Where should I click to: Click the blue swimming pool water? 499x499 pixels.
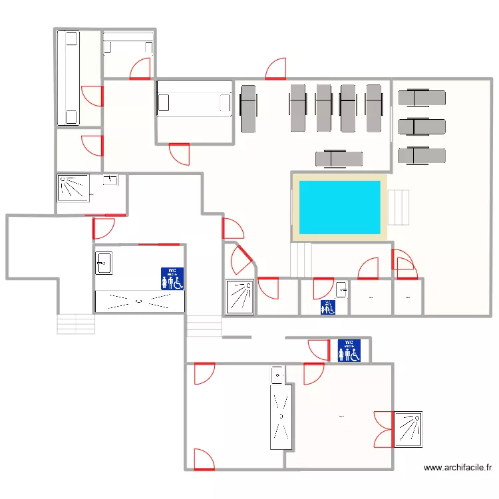[x=339, y=206]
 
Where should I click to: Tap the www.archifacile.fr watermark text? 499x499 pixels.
[x=458, y=468]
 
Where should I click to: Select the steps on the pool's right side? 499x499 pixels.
[x=399, y=208]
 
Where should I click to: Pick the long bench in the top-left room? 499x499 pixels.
[x=67, y=78]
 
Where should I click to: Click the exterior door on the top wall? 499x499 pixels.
[x=275, y=69]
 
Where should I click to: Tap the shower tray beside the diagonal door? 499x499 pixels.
[x=239, y=297]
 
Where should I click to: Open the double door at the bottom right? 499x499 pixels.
[x=383, y=429]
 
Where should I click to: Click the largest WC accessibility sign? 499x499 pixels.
[x=172, y=278]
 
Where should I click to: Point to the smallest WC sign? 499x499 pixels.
[x=327, y=307]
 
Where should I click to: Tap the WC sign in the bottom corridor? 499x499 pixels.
[x=349, y=351]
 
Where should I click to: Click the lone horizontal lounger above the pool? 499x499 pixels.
[x=339, y=158]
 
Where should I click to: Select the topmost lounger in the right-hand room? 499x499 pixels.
[x=421, y=98]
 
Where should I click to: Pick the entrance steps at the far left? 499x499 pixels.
[x=77, y=324]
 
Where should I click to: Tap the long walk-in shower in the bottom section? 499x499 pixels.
[x=281, y=416]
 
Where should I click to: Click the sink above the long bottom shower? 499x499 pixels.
[x=277, y=375]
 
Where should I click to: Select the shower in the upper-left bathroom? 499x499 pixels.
[x=74, y=187]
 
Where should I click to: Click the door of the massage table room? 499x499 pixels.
[x=180, y=153]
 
